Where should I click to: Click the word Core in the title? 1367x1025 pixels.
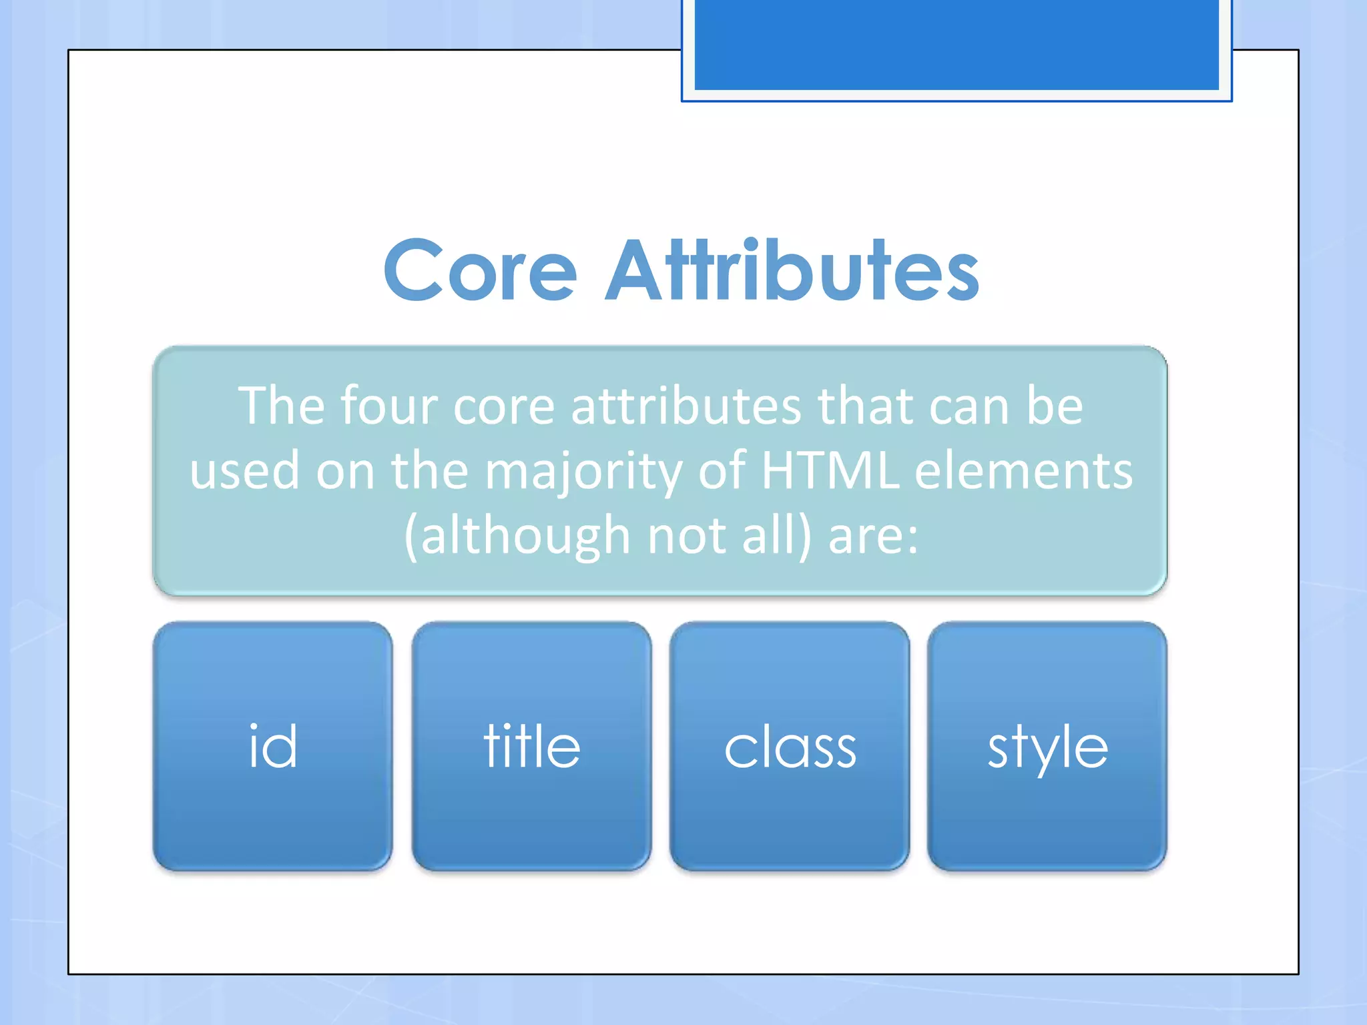pyautogui.click(x=480, y=270)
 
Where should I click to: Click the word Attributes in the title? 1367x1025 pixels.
pyautogui.click(x=792, y=270)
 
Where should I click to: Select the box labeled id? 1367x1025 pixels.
pyautogui.click(x=272, y=746)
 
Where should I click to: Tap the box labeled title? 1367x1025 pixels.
pyautogui.click(x=531, y=746)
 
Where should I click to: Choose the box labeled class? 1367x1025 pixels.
pyautogui.click(x=790, y=746)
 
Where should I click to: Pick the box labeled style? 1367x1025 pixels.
pyautogui.click(x=1047, y=746)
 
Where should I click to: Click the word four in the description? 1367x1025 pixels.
pyautogui.click(x=389, y=406)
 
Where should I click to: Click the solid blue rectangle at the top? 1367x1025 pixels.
pyautogui.click(x=956, y=44)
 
